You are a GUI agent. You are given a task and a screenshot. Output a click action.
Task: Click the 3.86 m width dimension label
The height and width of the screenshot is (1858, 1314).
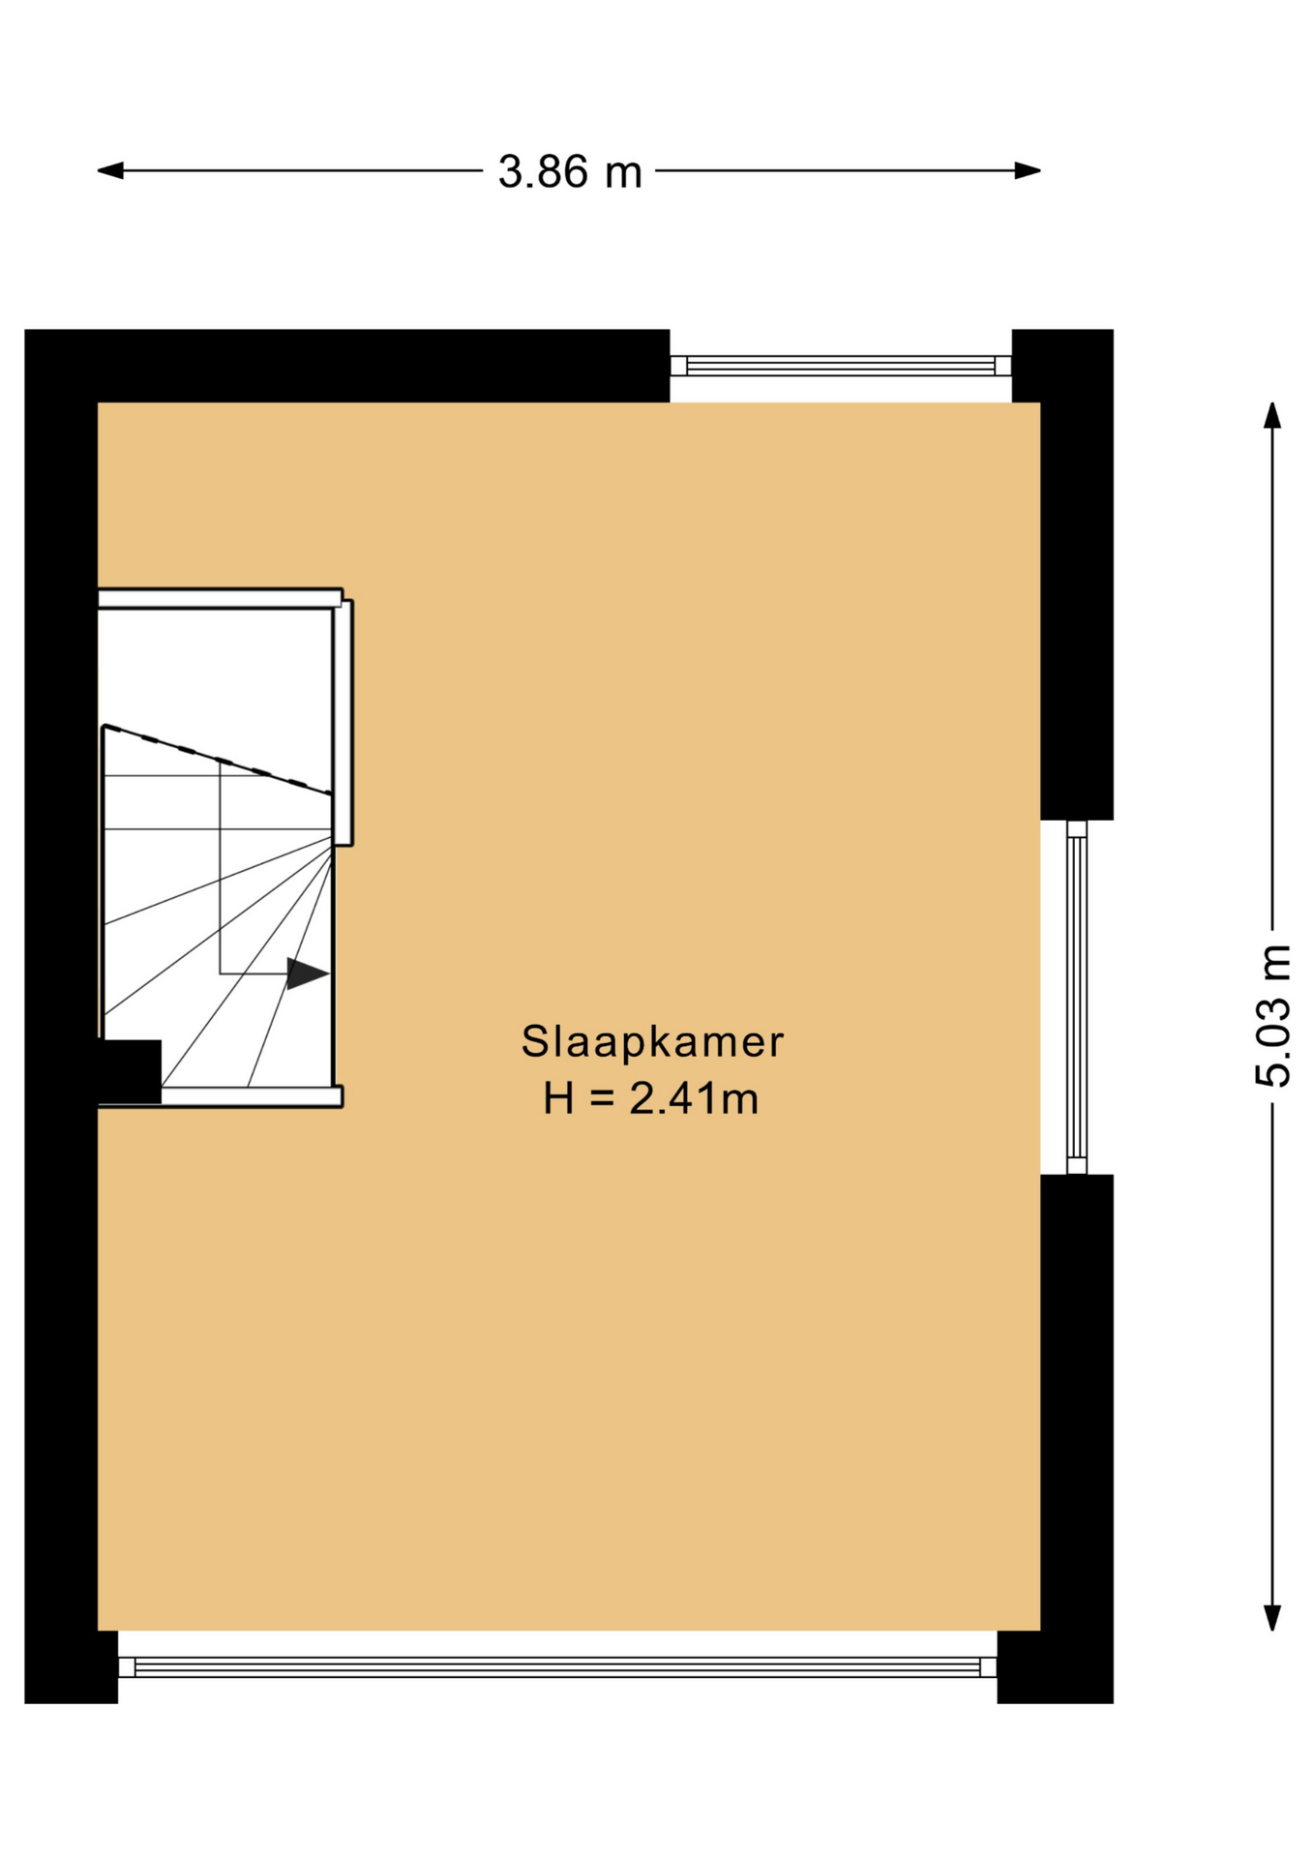point(570,172)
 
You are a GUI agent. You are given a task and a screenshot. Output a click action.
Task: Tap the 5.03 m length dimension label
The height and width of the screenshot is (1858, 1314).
point(1273,1015)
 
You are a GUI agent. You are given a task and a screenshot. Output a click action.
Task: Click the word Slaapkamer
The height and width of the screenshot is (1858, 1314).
point(652,1042)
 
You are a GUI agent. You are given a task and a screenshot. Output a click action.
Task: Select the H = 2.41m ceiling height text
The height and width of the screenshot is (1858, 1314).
point(651,1098)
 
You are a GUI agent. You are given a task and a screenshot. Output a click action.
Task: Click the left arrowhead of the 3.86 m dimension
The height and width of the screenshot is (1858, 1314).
point(110,171)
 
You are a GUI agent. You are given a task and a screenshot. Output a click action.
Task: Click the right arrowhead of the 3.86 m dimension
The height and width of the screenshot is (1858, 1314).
point(1028,171)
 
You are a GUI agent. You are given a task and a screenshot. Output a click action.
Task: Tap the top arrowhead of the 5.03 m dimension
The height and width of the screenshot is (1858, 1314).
point(1273,415)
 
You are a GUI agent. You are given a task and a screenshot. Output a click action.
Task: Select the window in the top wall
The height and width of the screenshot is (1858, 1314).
point(841,366)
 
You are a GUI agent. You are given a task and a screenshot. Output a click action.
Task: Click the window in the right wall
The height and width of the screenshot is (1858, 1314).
point(1077,998)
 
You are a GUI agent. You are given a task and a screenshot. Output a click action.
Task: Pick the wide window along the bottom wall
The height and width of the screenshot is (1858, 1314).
point(557,1667)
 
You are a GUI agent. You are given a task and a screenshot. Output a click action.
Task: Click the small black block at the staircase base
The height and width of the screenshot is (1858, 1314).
point(130,1071)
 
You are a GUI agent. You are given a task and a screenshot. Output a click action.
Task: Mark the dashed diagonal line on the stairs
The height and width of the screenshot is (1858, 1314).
point(218,760)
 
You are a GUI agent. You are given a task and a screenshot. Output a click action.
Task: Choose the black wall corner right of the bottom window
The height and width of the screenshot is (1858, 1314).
point(1056,1667)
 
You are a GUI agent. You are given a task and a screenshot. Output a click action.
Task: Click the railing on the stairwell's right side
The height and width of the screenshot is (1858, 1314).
point(343,722)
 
